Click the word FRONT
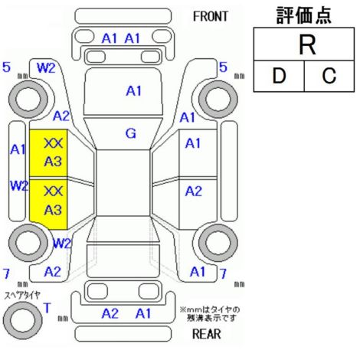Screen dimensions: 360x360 pyautogui.click(x=211, y=17)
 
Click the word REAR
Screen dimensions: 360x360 pyautogui.click(x=207, y=334)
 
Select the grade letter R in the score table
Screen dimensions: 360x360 pyautogui.click(x=307, y=45)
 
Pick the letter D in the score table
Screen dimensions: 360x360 pyautogui.click(x=279, y=76)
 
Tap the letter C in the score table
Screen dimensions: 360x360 pyautogui.click(x=329, y=76)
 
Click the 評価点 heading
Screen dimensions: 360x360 pyautogui.click(x=304, y=16)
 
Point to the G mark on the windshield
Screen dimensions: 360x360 pyautogui.click(x=131, y=133)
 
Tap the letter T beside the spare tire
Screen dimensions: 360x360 pyautogui.click(x=47, y=308)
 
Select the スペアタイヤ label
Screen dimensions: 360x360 pyautogui.click(x=22, y=296)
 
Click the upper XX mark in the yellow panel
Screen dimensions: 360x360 pyautogui.click(x=53, y=143)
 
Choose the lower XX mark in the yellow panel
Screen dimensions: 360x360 pyautogui.click(x=53, y=191)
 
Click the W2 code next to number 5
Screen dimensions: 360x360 pyautogui.click(x=46, y=68)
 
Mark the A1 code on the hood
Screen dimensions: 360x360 pyautogui.click(x=134, y=91)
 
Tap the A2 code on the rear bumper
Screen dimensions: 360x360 pyautogui.click(x=110, y=313)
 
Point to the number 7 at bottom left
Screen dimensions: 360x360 pyautogui.click(x=6, y=273)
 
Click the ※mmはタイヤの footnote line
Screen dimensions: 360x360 pyautogui.click(x=210, y=309)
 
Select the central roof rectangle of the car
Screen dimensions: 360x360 pyautogui.click(x=123, y=183)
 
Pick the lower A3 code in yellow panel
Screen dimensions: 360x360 pyautogui.click(x=53, y=210)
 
